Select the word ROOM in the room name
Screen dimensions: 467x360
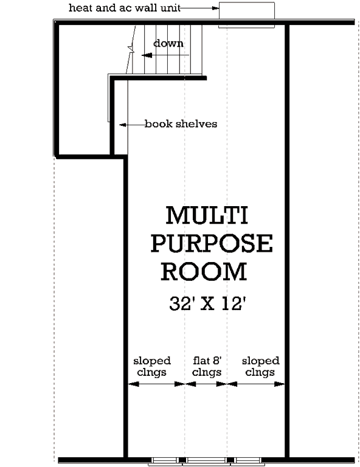point(204,272)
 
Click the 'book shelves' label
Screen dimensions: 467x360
point(181,124)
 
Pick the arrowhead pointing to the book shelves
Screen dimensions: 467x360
point(122,125)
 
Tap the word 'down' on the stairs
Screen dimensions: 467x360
point(168,44)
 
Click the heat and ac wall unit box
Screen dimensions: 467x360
point(246,13)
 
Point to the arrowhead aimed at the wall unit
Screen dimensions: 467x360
point(215,9)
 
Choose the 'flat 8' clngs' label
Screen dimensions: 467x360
point(206,367)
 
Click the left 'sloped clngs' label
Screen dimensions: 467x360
point(151,367)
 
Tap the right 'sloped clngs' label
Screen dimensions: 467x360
point(260,367)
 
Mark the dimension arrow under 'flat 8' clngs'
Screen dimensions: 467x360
point(206,384)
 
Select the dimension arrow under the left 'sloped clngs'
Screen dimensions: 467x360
point(155,384)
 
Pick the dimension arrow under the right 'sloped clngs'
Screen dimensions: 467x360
point(256,384)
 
